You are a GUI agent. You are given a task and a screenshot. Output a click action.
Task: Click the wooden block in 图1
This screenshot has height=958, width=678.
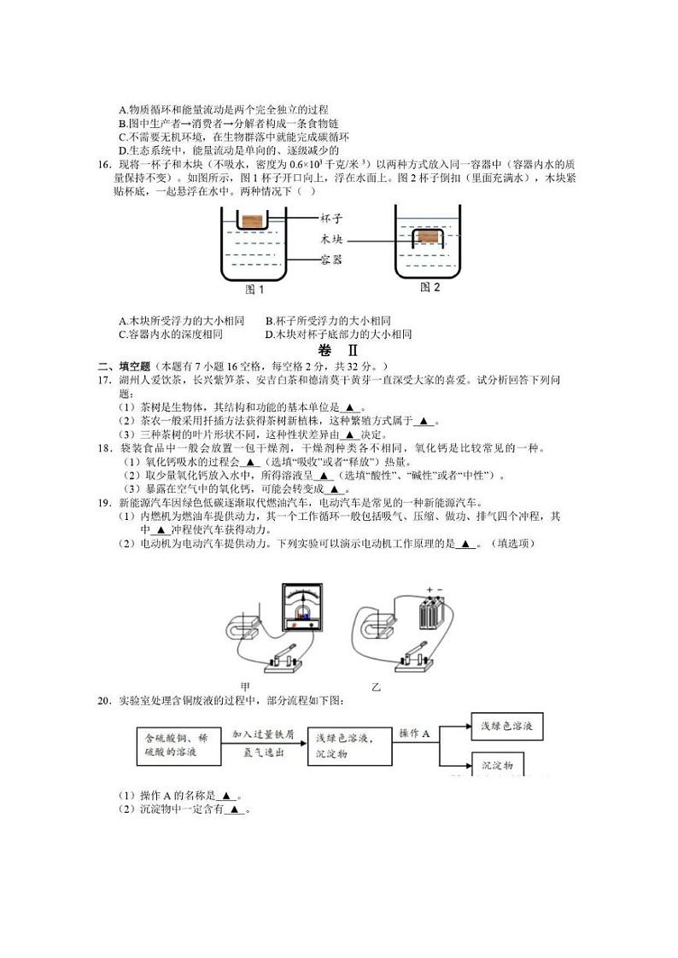point(251,221)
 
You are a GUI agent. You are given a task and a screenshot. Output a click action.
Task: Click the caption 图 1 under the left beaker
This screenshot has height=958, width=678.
point(254,289)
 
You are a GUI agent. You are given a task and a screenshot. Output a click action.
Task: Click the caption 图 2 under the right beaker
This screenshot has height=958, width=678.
point(430,288)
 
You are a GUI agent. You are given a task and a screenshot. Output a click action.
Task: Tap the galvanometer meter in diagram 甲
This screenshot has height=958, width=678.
point(300,607)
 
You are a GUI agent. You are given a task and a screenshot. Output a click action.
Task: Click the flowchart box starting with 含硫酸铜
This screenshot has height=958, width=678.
point(177,745)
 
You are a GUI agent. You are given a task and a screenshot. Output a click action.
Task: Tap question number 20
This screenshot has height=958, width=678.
point(104,700)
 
